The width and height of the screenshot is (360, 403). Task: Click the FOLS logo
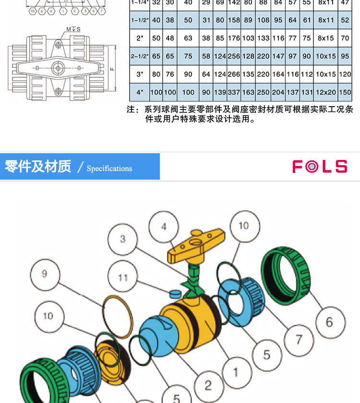pos(320,167)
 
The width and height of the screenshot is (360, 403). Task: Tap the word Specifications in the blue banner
pos(109,168)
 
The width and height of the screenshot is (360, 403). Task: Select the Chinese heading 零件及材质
pos(38,166)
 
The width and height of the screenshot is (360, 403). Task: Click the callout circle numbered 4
pos(164,227)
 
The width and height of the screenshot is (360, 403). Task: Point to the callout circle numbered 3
pos(123,239)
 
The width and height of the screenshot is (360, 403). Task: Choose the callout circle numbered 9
pos(45,274)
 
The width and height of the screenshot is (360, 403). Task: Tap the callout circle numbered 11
pos(123,278)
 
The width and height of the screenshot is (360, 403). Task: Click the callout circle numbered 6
pos(329,322)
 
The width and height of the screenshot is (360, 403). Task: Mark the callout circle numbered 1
pos(236,372)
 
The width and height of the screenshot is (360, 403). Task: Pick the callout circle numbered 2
pos(208,385)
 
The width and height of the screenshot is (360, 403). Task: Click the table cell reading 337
pos(234,92)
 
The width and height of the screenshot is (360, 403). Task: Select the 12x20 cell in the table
pos(326,92)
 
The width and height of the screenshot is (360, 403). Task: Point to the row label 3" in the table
pos(140,74)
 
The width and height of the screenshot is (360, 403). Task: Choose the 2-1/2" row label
pos(140,56)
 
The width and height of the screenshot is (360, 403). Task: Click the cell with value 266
pos(234,74)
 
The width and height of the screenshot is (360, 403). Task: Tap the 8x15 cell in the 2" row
pos(326,38)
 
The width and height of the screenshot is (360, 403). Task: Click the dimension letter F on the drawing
pos(111,69)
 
